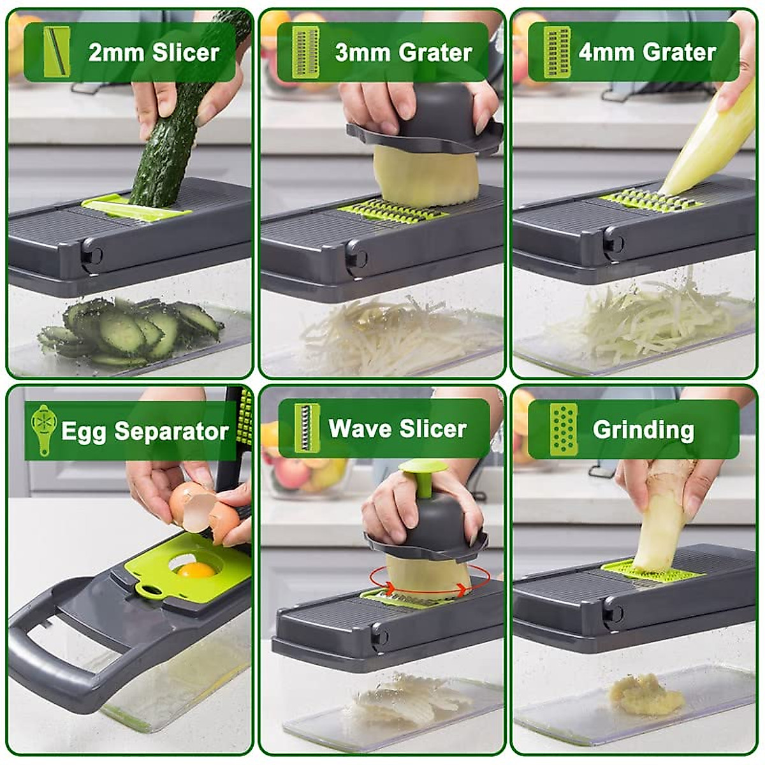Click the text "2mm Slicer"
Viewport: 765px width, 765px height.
click(x=154, y=52)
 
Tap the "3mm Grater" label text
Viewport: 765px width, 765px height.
click(x=404, y=52)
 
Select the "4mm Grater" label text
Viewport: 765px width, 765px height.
click(x=647, y=52)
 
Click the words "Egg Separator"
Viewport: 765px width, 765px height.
click(x=145, y=432)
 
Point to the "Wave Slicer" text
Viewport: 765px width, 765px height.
click(x=398, y=428)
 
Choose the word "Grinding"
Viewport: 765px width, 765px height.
click(x=643, y=430)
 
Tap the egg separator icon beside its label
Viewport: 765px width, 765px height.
click(x=43, y=429)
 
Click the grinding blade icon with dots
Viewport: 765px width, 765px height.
click(x=564, y=429)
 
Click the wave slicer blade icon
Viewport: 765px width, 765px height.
click(x=307, y=428)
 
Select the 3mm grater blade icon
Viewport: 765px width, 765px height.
click(x=305, y=52)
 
